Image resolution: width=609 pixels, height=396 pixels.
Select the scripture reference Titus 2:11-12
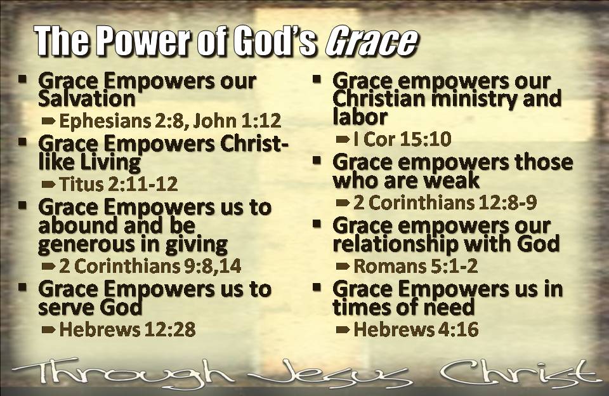point(119,184)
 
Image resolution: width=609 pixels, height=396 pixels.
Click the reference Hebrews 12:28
point(128,329)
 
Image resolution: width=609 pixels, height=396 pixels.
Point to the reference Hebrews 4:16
point(416,329)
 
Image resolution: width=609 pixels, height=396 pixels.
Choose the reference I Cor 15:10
point(402,139)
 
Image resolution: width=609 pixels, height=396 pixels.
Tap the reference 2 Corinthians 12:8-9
point(445,202)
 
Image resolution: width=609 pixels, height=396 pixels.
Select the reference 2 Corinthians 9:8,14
point(150,266)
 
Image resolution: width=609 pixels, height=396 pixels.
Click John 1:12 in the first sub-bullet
point(237,121)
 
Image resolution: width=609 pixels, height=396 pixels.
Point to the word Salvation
point(87,99)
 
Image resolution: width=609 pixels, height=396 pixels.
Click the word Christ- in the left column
point(254,144)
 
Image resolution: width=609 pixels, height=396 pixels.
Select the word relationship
point(395,244)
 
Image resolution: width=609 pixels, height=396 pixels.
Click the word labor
point(360,117)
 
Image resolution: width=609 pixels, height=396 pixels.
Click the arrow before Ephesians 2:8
point(48,121)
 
